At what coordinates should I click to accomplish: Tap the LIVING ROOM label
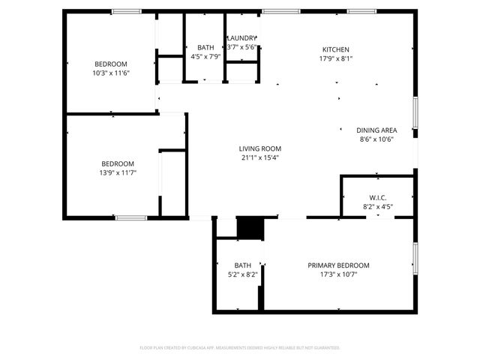(x=260, y=148)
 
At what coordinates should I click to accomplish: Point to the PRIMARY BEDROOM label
(x=338, y=265)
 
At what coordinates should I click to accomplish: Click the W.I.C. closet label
(x=377, y=199)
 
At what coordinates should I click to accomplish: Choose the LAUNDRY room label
(x=241, y=38)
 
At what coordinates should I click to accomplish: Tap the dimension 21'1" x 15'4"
(x=260, y=158)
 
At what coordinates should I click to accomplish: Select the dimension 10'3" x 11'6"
(x=111, y=73)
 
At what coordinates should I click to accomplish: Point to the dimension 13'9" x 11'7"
(x=118, y=173)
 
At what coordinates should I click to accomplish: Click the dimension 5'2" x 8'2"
(x=242, y=275)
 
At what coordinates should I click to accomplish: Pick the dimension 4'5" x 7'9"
(x=205, y=57)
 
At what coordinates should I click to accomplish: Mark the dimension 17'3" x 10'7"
(x=338, y=275)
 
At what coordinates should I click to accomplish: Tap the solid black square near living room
(x=250, y=228)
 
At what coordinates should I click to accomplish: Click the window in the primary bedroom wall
(x=415, y=257)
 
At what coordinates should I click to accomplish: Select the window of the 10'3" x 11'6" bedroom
(x=127, y=11)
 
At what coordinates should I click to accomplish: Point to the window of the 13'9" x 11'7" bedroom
(x=130, y=217)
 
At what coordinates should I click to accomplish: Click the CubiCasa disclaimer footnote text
(x=240, y=348)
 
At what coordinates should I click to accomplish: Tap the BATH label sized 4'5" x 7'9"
(x=205, y=47)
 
